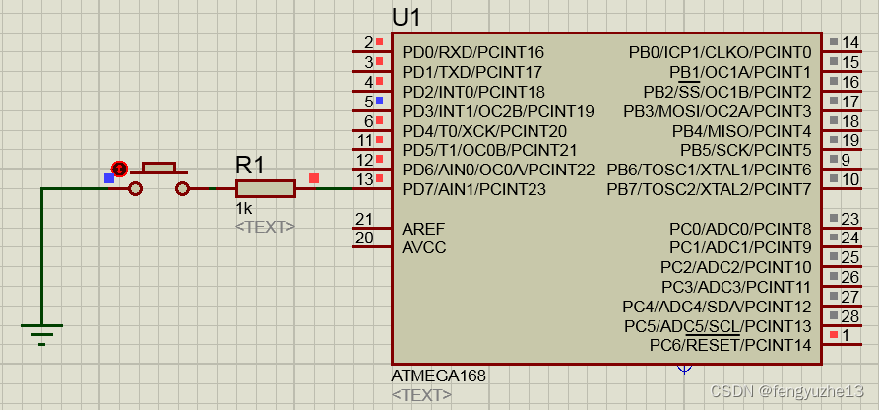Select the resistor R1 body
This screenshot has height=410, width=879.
tap(266, 188)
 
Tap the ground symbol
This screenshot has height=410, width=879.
tap(41, 332)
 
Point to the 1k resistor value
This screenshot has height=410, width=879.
tap(244, 209)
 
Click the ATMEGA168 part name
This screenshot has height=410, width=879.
tap(438, 376)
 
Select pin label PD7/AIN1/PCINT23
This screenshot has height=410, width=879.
tap(473, 189)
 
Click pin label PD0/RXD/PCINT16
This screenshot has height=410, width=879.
tap(472, 52)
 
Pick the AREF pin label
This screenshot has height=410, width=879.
tap(423, 229)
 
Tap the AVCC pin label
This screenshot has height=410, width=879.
tap(424, 247)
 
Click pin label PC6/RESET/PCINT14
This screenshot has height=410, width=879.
tap(730, 345)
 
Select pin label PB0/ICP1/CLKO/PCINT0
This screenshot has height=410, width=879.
tap(721, 52)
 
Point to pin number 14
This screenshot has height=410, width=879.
tap(850, 42)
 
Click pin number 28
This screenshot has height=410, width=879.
tap(850, 315)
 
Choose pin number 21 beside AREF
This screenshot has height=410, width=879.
tap(364, 219)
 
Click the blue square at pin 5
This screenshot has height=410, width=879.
tap(379, 101)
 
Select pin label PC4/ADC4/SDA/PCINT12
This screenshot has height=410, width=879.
tap(717, 306)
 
